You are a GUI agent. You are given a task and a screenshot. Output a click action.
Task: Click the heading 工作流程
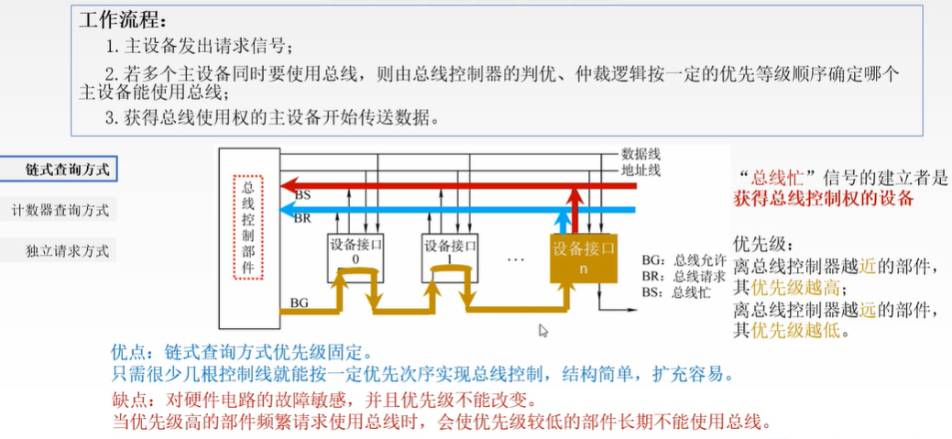[123, 20]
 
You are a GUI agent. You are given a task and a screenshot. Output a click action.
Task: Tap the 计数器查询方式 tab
[60, 210]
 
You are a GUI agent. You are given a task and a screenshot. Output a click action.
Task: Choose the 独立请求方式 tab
[60, 250]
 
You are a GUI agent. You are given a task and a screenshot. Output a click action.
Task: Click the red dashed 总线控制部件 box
[248, 226]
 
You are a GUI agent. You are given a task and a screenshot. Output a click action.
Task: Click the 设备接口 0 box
[356, 256]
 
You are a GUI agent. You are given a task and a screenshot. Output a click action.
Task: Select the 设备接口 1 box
[449, 256]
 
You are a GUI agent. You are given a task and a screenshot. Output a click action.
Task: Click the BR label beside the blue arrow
[302, 218]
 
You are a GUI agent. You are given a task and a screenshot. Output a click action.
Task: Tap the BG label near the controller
[299, 302]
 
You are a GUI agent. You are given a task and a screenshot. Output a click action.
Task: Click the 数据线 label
[640, 153]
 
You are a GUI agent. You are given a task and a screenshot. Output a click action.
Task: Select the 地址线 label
[640, 170]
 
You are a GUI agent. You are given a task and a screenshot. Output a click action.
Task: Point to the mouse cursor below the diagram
[543, 331]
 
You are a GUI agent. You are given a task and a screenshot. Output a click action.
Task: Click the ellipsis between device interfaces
[515, 259]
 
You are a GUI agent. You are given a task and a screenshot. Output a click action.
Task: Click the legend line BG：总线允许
[683, 259]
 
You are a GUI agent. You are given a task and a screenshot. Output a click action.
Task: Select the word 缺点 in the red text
[127, 400]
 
